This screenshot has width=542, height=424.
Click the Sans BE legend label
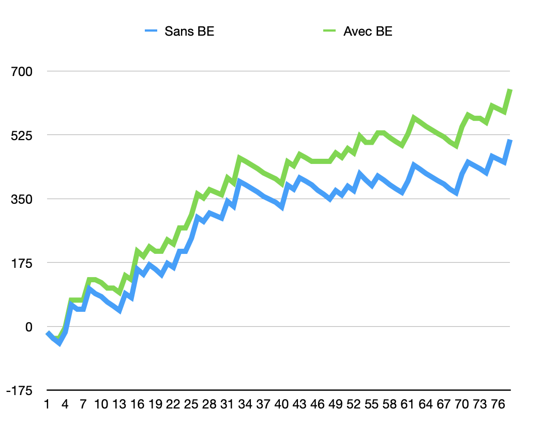[x=189, y=31]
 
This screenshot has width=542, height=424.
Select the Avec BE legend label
[x=368, y=31]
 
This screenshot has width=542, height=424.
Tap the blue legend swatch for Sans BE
[x=151, y=31]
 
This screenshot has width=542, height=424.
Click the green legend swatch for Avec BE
[x=329, y=31]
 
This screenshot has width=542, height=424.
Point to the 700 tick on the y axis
[x=21, y=71]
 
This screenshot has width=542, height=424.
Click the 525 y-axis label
[x=21, y=135]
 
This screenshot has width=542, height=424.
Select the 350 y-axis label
[x=21, y=200]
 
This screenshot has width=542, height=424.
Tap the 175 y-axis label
[x=21, y=263]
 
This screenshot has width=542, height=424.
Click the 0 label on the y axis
[x=28, y=327]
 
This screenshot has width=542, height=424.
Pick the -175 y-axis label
[x=19, y=391]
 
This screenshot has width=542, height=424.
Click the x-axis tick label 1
[x=47, y=404]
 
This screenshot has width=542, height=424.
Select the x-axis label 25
[x=191, y=404]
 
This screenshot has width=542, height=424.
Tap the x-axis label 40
[x=281, y=404]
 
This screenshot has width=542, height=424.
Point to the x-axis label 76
[x=498, y=404]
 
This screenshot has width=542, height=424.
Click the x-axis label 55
[x=371, y=404]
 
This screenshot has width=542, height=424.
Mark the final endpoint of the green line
[x=510, y=90]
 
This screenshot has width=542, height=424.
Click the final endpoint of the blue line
[x=510, y=140]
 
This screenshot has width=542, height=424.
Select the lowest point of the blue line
[x=59, y=344]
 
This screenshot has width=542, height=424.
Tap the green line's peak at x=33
[x=239, y=157]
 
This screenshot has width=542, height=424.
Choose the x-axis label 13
[x=119, y=404]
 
